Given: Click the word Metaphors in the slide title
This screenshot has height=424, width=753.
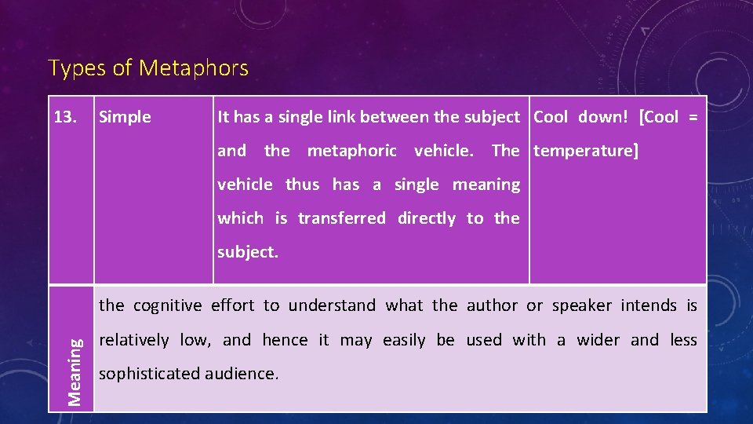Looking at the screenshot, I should coord(193,69).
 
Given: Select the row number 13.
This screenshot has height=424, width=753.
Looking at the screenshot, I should coord(64,118).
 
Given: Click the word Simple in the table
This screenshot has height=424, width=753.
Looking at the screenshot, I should coord(125,118).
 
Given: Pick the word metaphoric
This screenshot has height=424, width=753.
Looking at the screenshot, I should coord(352,151).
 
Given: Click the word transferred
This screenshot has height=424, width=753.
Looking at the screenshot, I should coord(342,218).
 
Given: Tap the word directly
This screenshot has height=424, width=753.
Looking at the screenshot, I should coord(427,218).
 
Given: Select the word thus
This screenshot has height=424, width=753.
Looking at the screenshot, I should coord(303,185).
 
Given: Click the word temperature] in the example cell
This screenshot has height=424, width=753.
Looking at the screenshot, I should coord(586,151).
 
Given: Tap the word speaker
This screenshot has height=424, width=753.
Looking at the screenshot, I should coord(579,305).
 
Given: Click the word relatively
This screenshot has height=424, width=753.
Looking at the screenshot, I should coord(133,340).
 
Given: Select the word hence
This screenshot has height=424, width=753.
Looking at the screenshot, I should coord(285,340).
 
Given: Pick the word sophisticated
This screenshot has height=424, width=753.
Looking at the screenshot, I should coord(150,374).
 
